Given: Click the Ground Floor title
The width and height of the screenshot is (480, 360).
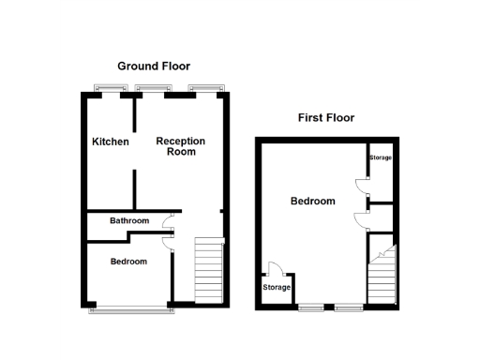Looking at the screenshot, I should [153, 67].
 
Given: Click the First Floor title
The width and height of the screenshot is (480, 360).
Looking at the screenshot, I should [325, 118].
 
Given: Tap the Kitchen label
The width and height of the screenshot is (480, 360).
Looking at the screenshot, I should [110, 142].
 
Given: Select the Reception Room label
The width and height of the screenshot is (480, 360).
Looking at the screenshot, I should [180, 146].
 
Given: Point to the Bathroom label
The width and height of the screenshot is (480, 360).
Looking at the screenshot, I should [128, 221].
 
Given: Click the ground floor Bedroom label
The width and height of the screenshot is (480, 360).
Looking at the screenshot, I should [128, 262].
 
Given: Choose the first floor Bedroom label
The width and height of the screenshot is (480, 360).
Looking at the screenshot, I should [312, 202].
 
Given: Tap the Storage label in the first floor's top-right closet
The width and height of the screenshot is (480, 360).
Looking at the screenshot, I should [381, 157].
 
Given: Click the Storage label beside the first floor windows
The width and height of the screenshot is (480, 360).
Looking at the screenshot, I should [276, 287].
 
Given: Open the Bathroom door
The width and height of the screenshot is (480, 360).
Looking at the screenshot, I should [167, 222].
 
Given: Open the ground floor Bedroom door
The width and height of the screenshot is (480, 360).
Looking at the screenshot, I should [167, 241].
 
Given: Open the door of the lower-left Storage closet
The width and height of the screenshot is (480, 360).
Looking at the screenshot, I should [272, 268].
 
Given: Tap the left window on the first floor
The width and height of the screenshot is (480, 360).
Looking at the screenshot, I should [310, 306].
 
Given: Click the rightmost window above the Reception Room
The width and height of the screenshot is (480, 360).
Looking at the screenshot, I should [202, 89].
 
